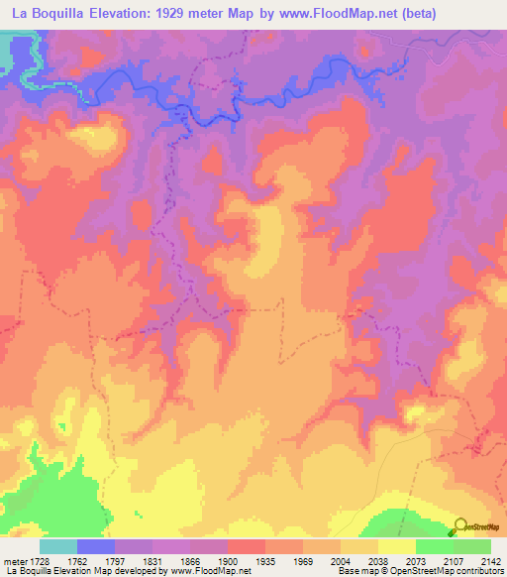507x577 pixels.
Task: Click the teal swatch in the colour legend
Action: coord(58,546)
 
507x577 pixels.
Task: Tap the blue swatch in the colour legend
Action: coord(96,546)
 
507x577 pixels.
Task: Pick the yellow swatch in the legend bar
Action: coord(396,546)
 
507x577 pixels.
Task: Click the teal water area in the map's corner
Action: coord(12,55)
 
